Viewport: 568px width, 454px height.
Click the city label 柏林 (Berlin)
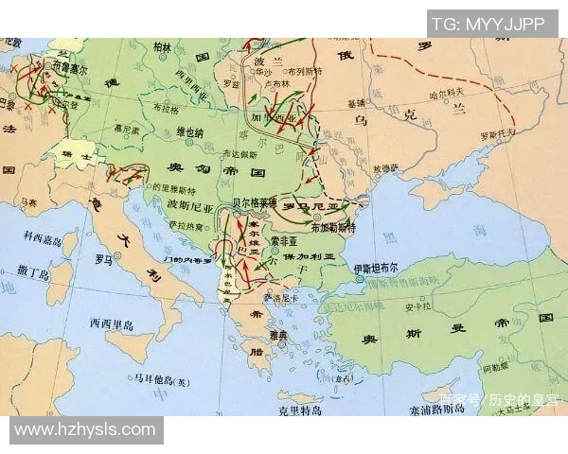(x=163, y=46)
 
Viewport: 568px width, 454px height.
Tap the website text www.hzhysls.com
(x=85, y=429)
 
